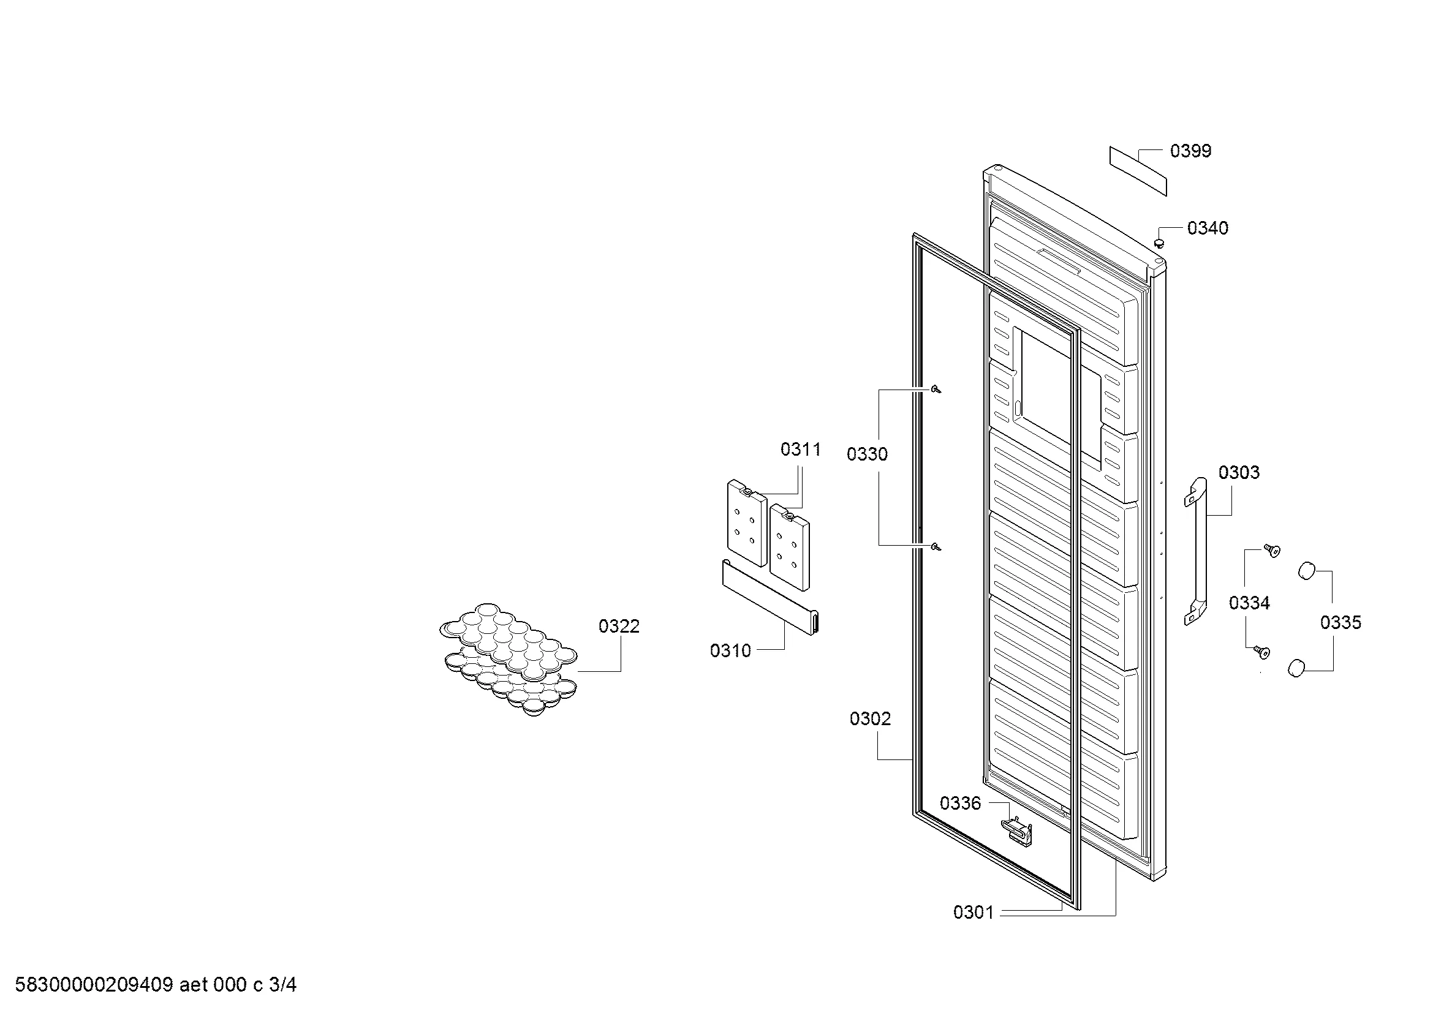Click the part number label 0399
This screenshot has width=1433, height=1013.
pos(1190,151)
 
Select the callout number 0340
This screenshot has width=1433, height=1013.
pos(1208,228)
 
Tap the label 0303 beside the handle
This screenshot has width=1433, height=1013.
pos(1239,472)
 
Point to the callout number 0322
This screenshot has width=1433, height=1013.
pos(619,626)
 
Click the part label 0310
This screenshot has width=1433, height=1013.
pos(730,650)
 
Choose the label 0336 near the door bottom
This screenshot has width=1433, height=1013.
pos(961,803)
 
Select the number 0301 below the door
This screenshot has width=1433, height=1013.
pos(974,912)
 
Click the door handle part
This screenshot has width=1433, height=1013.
pos(1195,551)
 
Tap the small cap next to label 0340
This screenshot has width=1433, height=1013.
pos(1160,241)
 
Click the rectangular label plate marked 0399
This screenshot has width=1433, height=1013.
pos(1137,171)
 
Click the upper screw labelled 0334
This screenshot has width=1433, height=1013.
pos(1271,549)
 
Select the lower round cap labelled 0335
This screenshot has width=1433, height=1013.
pos(1298,667)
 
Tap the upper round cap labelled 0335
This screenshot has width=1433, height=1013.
pos(1307,570)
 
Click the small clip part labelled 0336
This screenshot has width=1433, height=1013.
pos(1017,832)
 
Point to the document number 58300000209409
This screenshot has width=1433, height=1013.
pos(94,985)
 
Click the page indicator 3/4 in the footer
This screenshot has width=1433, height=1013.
pos(282,985)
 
